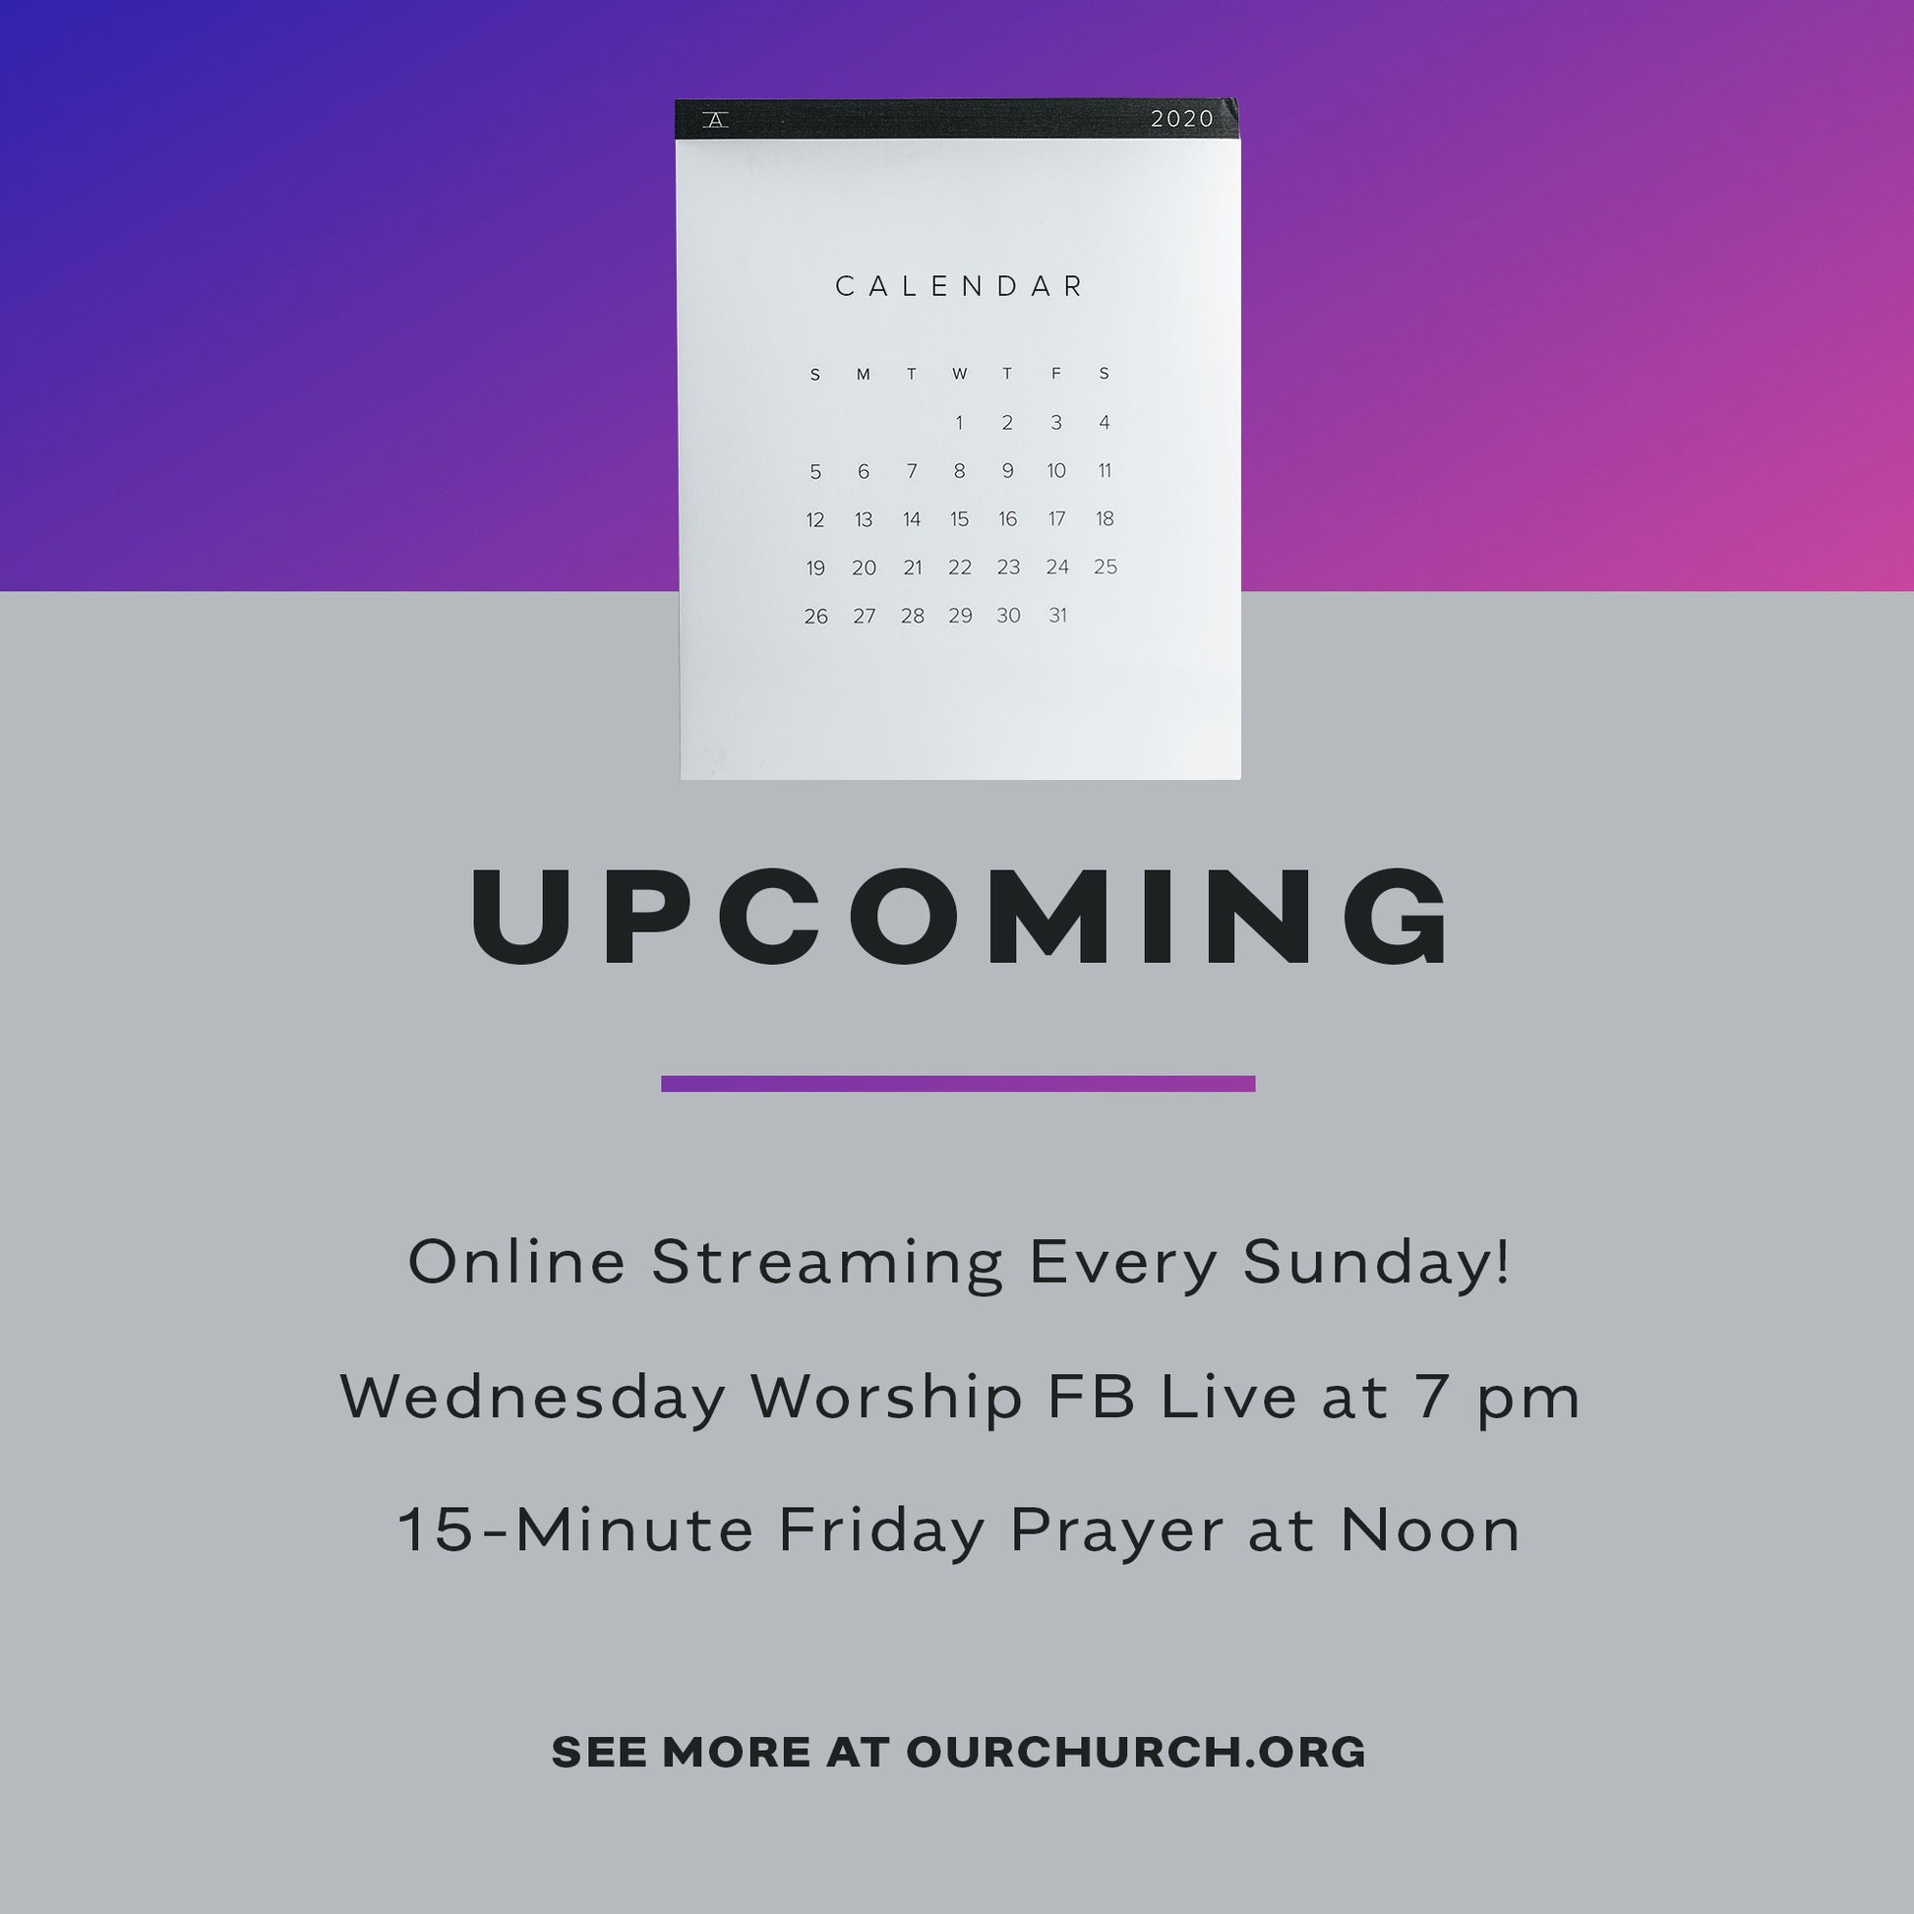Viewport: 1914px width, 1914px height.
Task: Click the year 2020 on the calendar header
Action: [x=1182, y=119]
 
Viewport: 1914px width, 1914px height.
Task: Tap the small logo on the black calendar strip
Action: [x=715, y=120]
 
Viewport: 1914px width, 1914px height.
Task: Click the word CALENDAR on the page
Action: [x=960, y=286]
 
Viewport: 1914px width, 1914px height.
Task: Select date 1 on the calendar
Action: [x=959, y=423]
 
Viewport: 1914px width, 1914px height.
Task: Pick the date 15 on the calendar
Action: [x=959, y=519]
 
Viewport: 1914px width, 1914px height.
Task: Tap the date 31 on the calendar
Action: [x=1057, y=616]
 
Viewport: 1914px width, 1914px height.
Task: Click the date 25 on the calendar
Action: [x=1106, y=567]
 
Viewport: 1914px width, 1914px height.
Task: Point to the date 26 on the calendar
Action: [x=815, y=617]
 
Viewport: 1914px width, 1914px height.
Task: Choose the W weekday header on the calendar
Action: [x=959, y=374]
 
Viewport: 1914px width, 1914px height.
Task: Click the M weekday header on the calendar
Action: [x=863, y=375]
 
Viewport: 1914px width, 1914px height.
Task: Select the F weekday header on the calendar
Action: [x=1056, y=374]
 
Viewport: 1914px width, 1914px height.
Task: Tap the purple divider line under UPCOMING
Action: [x=958, y=1084]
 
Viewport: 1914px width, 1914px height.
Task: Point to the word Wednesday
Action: [x=534, y=1397]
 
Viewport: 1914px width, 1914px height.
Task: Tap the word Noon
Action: [x=1429, y=1530]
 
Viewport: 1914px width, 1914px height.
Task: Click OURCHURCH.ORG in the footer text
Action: [x=1136, y=1753]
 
